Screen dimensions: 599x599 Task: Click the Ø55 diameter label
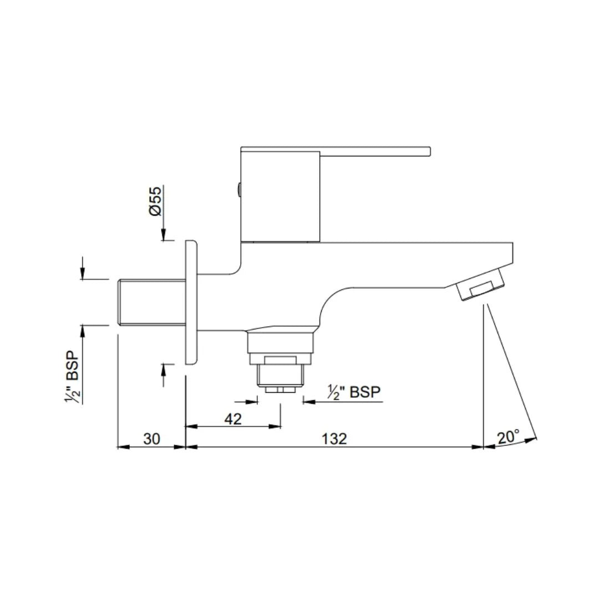click(155, 201)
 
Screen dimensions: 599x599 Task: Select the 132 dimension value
click(334, 439)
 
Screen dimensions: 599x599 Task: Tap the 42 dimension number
click(233, 419)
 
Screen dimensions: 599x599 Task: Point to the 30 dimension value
click(151, 439)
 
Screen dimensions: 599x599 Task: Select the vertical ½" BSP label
click(73, 377)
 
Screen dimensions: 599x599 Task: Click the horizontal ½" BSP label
click(354, 392)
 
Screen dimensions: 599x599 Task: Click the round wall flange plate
click(190, 302)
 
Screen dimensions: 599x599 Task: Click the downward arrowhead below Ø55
click(164, 235)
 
